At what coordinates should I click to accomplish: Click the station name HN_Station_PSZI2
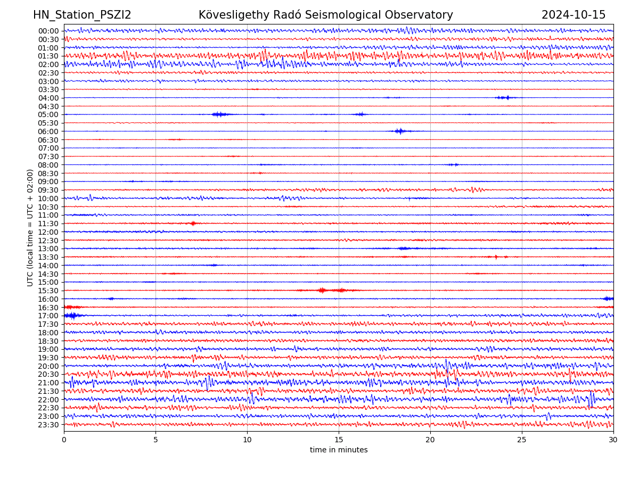82,15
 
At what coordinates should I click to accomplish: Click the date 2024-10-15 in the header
574,15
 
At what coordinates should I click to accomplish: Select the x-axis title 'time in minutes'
339,450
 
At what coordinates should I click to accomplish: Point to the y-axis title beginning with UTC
30,228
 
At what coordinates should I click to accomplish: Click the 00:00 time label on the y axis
48,31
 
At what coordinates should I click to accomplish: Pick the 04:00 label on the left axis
48,98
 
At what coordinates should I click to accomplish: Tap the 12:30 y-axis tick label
48,241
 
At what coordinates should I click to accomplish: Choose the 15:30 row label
48,291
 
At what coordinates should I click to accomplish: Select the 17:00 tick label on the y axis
48,316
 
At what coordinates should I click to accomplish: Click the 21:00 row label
48,383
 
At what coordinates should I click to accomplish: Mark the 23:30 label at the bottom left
48,425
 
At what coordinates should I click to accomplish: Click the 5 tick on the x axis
155,440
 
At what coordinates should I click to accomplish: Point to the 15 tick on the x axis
339,440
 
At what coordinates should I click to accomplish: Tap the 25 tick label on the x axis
522,440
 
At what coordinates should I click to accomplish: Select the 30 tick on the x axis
613,440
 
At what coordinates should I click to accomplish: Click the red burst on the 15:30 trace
322,290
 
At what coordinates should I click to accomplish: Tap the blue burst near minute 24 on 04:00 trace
504,97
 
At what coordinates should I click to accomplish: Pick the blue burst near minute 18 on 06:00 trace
399,131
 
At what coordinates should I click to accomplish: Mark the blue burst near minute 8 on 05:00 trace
219,114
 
